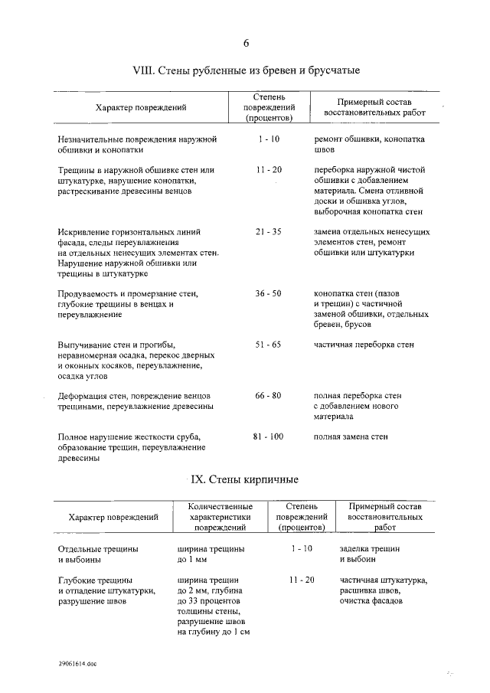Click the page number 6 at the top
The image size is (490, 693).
(x=246, y=43)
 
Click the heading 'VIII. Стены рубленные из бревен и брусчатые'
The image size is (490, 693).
(x=246, y=70)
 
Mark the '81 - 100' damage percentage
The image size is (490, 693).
(x=268, y=436)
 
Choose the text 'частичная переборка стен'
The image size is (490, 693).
(x=364, y=345)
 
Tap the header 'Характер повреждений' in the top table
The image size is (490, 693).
(x=141, y=109)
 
